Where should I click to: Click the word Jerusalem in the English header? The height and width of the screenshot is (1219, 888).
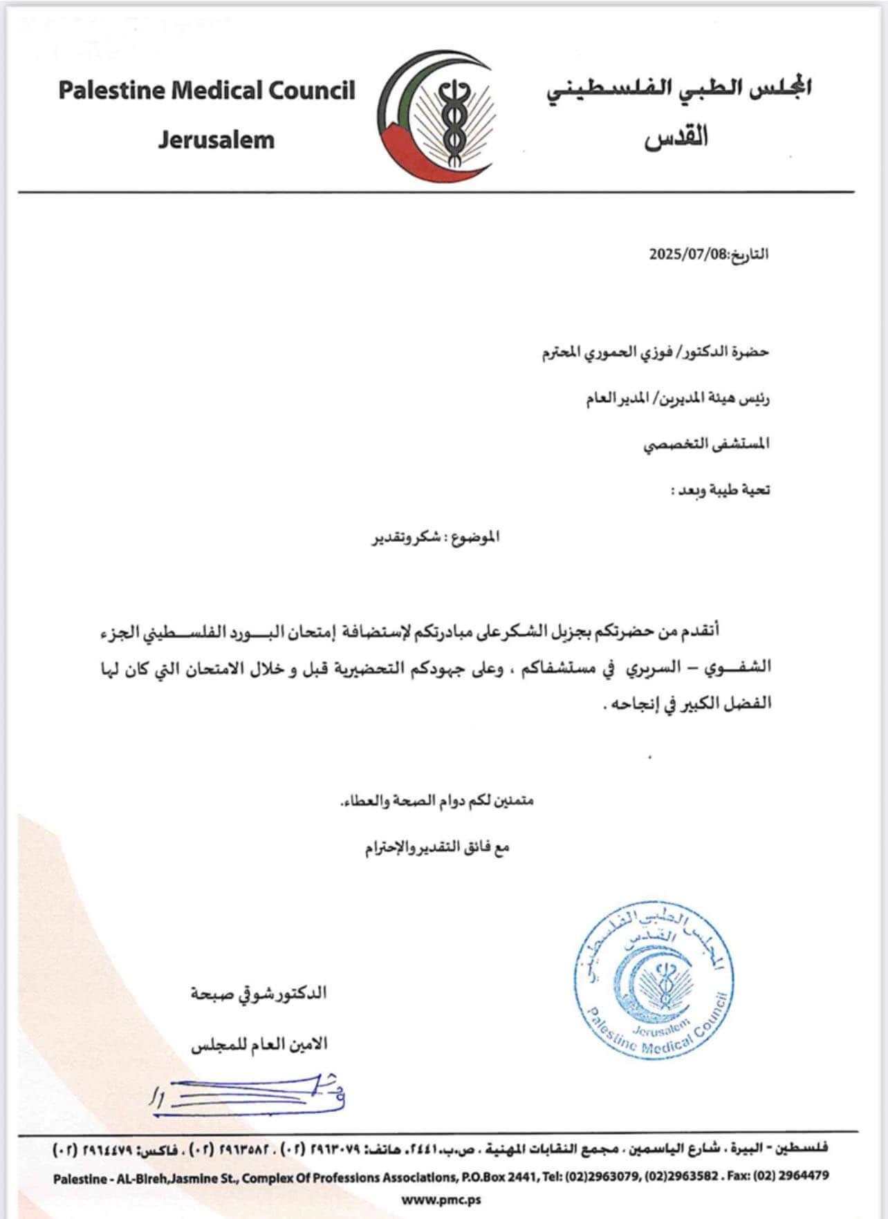click(216, 140)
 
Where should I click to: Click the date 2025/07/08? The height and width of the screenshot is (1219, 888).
click(688, 254)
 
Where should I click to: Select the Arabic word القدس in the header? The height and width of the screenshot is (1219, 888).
click(676, 137)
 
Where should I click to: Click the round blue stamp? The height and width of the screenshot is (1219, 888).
click(652, 981)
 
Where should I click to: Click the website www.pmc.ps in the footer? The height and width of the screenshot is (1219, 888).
click(441, 1200)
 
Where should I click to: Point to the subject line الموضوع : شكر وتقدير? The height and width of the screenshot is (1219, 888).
click(436, 537)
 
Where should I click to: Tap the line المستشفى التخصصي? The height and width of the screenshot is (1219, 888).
click(706, 444)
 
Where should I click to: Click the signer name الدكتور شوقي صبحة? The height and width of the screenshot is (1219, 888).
click(259, 994)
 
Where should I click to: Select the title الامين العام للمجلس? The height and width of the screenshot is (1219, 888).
click(259, 1044)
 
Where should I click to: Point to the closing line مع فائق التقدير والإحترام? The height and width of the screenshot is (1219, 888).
click(437, 847)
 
